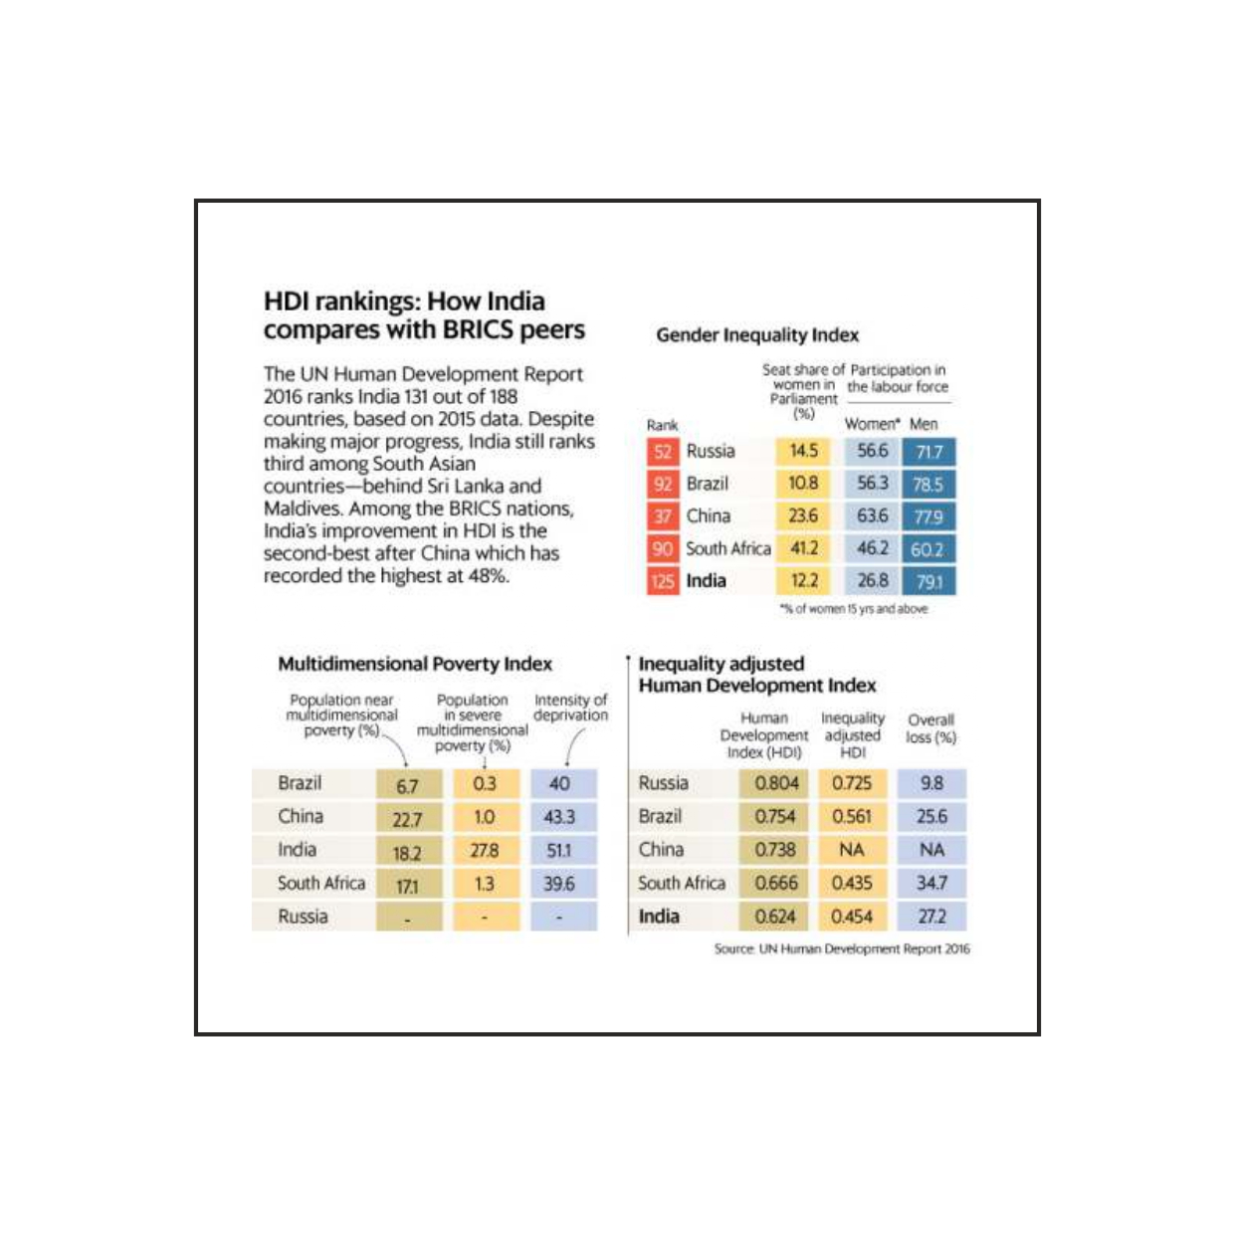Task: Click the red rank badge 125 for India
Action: click(663, 581)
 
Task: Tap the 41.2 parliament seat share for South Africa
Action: click(803, 548)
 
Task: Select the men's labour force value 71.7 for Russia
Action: click(928, 452)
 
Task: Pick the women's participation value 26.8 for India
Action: click(872, 581)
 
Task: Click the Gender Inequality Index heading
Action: click(756, 335)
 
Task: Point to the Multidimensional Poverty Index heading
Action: click(414, 664)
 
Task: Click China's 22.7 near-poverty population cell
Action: click(407, 819)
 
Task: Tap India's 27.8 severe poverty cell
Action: click(484, 852)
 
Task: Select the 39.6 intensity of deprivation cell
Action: click(559, 884)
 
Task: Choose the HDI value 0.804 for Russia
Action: click(775, 783)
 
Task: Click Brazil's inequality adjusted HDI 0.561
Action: click(851, 817)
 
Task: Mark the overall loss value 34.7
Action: click(931, 883)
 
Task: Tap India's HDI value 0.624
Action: click(775, 917)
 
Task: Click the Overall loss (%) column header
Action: click(930, 728)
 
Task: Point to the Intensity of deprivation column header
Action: click(570, 708)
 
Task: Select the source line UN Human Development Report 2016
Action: click(841, 949)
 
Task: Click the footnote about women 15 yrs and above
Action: click(854, 609)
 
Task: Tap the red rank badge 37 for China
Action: click(663, 516)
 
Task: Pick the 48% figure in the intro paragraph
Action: click(488, 576)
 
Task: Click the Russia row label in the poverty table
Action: click(303, 917)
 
